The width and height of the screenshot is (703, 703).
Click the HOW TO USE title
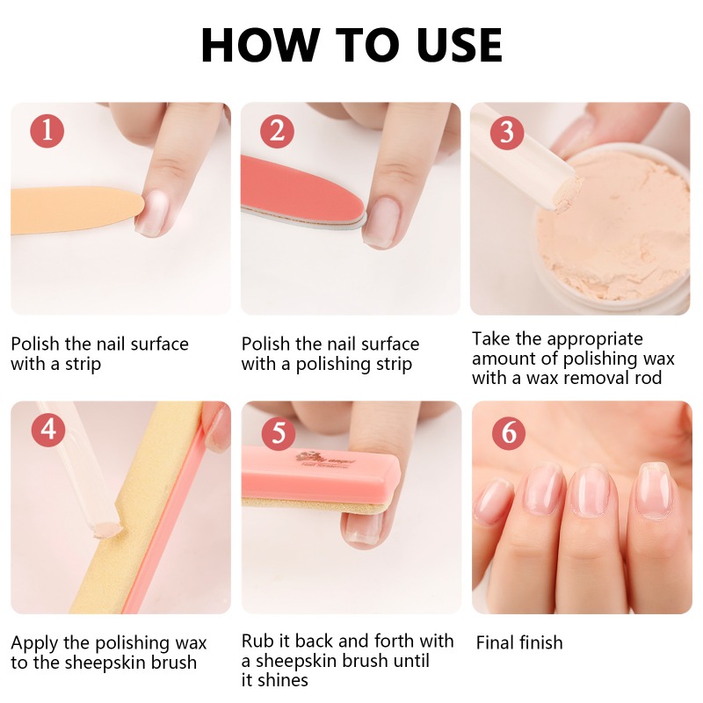point(351,46)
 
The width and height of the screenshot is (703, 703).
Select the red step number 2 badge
point(278,131)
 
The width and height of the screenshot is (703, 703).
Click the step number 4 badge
point(47,431)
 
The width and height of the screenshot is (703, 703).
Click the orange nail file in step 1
point(70,209)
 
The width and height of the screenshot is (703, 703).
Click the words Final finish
point(519,643)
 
